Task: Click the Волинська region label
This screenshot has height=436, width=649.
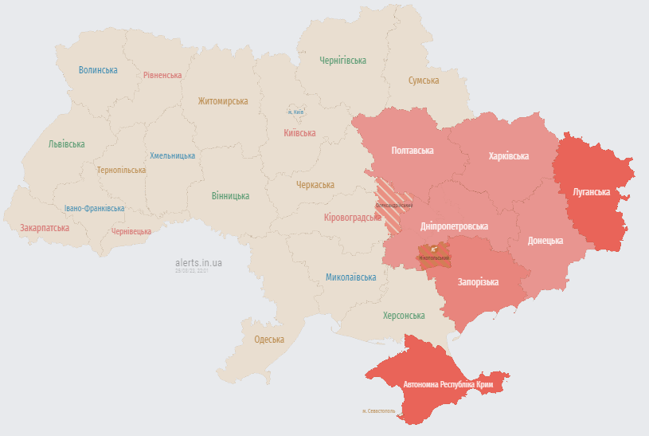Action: (x=98, y=70)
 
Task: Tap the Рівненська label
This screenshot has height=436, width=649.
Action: (x=162, y=75)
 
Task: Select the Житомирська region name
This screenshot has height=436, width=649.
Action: (x=223, y=101)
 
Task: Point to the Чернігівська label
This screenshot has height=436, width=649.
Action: (x=342, y=61)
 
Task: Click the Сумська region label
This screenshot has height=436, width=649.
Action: (x=424, y=81)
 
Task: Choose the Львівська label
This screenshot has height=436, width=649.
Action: (x=66, y=144)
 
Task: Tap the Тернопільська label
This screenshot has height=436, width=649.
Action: (x=121, y=170)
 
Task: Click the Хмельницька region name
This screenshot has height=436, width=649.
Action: (x=172, y=155)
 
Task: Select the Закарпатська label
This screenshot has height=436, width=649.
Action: (x=45, y=228)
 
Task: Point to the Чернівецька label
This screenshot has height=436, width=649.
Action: (x=131, y=231)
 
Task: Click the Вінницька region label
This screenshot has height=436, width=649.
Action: (x=230, y=195)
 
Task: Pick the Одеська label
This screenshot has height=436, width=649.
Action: (x=269, y=340)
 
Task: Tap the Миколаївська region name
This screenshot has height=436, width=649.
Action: (x=351, y=277)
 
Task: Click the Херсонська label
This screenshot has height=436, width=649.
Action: (x=404, y=316)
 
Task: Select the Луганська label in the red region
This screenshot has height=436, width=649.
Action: (x=592, y=192)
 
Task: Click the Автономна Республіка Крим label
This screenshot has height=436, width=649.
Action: (x=449, y=385)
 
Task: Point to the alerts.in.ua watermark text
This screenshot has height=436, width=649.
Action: (x=199, y=262)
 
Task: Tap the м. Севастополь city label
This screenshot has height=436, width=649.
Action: (x=378, y=411)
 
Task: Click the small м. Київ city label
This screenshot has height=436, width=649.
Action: (x=295, y=112)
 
